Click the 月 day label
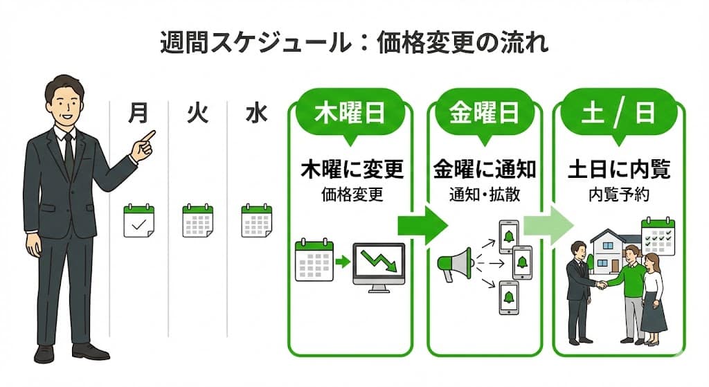point(138,114)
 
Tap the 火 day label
point(197,114)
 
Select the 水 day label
point(256,114)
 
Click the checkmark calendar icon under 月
point(138,221)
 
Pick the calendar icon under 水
point(256,221)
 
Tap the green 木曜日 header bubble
point(350,113)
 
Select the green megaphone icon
point(454,262)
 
